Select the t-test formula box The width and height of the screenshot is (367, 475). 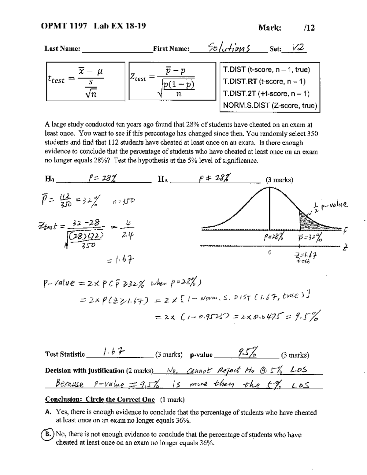click(x=86, y=81)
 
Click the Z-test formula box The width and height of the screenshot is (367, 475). click(x=172, y=81)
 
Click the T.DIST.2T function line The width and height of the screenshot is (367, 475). click(x=266, y=94)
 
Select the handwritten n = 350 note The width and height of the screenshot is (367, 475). click(x=124, y=201)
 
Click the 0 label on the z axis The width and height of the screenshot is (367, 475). click(x=269, y=253)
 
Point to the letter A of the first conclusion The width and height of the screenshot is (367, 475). click(x=48, y=412)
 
